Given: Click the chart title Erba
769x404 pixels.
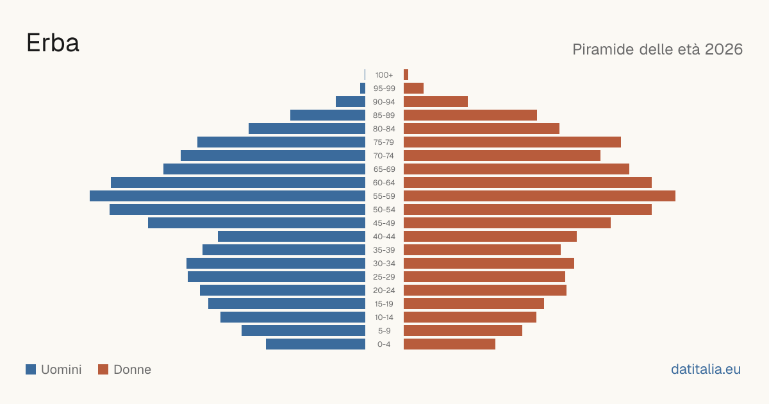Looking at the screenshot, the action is pos(53,43).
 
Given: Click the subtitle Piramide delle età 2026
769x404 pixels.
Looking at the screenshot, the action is pos(657,49).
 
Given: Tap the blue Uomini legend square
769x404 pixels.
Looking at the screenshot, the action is pos(31,369).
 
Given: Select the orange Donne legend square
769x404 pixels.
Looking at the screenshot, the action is pos(103,369).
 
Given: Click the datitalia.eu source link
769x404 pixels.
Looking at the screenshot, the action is pos(706,369).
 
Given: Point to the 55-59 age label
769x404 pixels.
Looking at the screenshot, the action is pos(384,196).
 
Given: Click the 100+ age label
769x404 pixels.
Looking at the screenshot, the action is pos(384,75).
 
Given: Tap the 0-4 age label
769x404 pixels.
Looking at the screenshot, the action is pos(384,344).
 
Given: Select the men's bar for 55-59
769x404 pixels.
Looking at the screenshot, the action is pos(227,196).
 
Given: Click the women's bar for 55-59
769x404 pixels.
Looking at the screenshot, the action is pos(540,196).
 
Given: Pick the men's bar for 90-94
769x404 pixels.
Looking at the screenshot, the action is pos(351,102).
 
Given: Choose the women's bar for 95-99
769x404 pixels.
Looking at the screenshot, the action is pos(414,88).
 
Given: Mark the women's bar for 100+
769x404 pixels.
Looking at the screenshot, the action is pos(406,75).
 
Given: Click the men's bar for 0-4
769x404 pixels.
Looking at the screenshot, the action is pos(315,344).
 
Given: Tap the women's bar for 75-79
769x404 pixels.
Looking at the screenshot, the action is pos(512,142).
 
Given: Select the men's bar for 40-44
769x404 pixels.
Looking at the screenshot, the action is pos(292,237).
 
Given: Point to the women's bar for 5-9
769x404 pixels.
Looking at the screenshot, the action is pos(463,331).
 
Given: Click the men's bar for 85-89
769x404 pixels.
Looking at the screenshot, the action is pos(328,115).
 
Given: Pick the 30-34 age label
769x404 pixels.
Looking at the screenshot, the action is pos(384,264).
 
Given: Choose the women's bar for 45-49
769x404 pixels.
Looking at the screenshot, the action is pos(507,223).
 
